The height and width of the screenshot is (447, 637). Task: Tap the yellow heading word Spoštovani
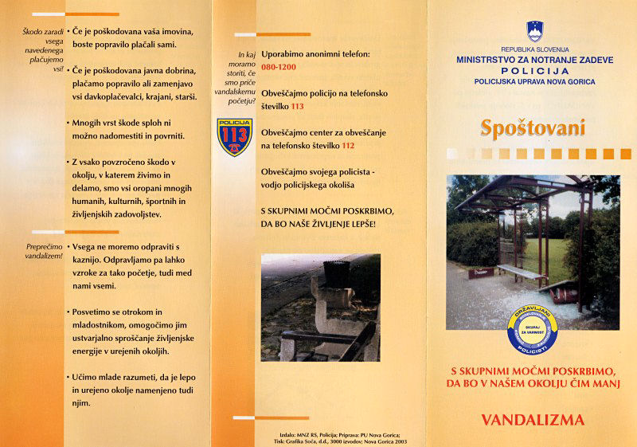pos(533,127)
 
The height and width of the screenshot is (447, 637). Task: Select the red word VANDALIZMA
pos(533,420)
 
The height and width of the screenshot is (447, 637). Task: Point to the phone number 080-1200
pos(279,68)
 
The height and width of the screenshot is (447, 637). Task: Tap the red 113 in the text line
pos(297,106)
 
